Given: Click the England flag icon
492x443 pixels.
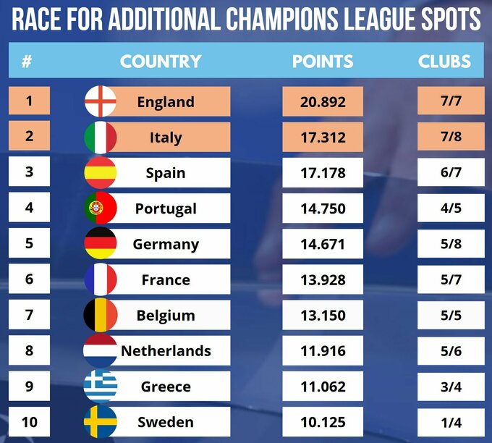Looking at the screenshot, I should pyautogui.click(x=101, y=101).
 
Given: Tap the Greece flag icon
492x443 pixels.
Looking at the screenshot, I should pyautogui.click(x=101, y=386).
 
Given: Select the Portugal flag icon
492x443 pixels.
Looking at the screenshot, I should pyautogui.click(x=101, y=208).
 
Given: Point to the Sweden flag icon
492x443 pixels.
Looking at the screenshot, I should pyautogui.click(x=101, y=421).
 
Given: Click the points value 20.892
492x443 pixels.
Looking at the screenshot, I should pyautogui.click(x=323, y=101).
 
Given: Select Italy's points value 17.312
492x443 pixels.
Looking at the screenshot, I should pyautogui.click(x=323, y=137).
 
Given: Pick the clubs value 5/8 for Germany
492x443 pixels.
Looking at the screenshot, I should pyautogui.click(x=450, y=243).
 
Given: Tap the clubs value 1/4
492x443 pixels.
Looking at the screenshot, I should pyautogui.click(x=450, y=421).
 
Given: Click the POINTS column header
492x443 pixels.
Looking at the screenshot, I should pyautogui.click(x=323, y=62).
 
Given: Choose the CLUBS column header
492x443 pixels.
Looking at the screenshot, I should pyautogui.click(x=444, y=62).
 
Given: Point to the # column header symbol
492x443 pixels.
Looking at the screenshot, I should pyautogui.click(x=27, y=62).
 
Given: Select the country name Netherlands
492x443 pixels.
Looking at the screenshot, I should pyautogui.click(x=166, y=351).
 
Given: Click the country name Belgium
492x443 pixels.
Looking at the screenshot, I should pyautogui.click(x=166, y=316).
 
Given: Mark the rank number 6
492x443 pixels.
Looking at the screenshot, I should pyautogui.click(x=29, y=279).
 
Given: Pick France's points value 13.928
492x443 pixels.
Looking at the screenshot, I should pyautogui.click(x=323, y=279).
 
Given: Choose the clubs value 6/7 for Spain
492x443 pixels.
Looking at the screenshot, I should pyautogui.click(x=450, y=173).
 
